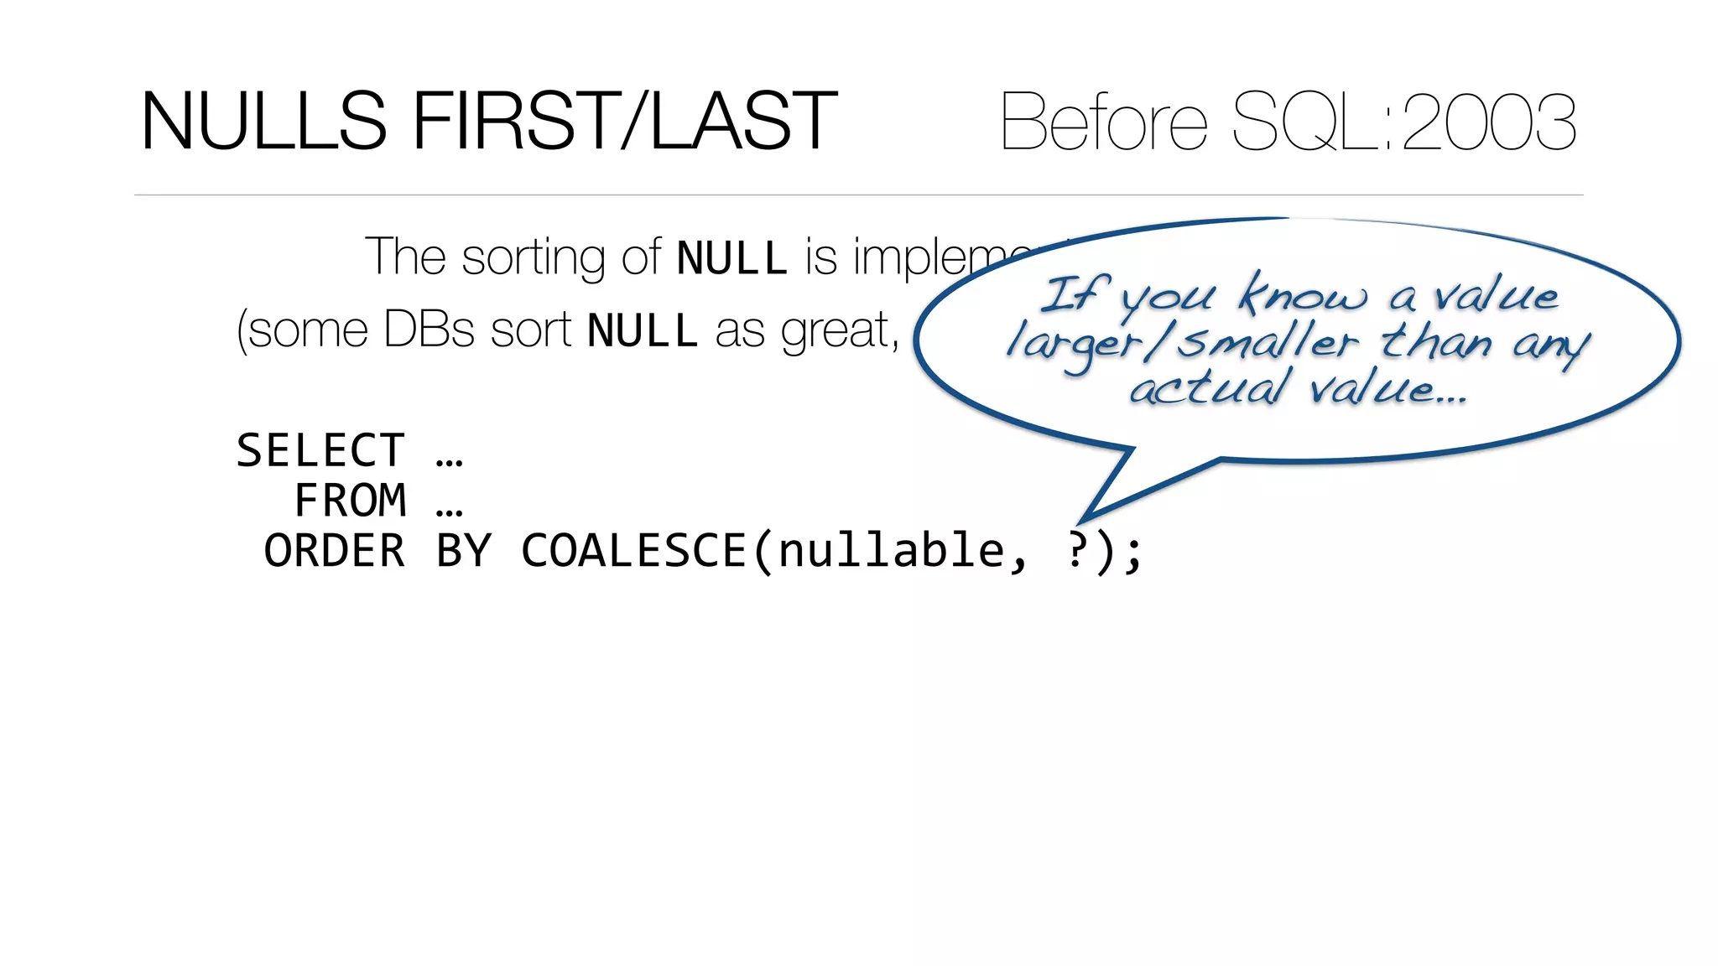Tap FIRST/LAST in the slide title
(x=624, y=122)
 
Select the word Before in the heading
(x=1104, y=122)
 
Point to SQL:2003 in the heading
(x=1404, y=122)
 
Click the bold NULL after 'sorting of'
(x=731, y=258)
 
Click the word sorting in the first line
(x=534, y=258)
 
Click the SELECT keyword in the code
(x=320, y=451)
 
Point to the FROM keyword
(x=351, y=501)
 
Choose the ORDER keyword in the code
(x=335, y=552)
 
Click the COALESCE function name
(x=634, y=552)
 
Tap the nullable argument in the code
(x=891, y=552)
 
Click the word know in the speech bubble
(x=1303, y=295)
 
